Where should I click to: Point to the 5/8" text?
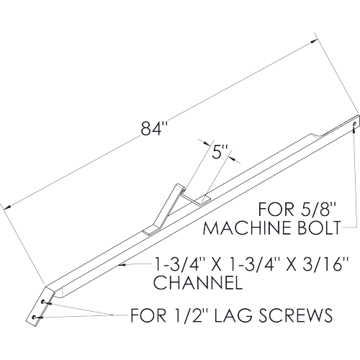coord(315,210)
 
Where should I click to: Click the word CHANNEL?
coord(198,282)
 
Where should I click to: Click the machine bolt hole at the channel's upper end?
coord(354,124)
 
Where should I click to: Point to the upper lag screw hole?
coord(42,302)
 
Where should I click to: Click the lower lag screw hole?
coord(34,318)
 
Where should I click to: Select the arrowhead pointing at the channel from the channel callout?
coord(122,265)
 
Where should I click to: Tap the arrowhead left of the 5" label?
coord(207,144)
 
